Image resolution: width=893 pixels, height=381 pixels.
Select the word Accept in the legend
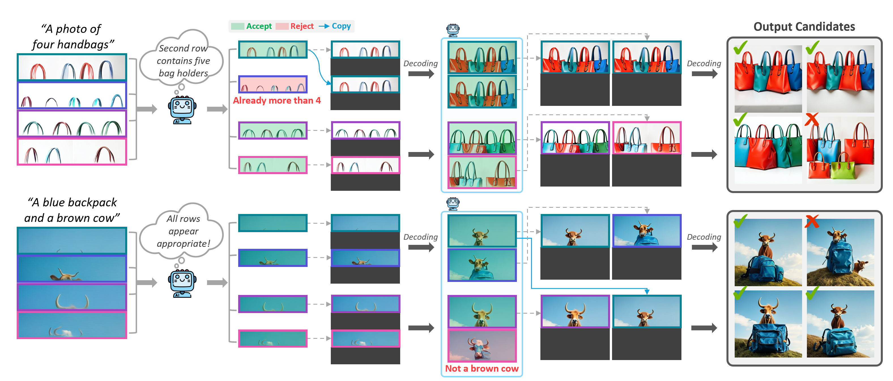coord(259,26)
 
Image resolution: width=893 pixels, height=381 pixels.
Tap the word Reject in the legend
coord(302,26)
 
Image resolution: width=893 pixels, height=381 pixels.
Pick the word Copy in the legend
coord(341,26)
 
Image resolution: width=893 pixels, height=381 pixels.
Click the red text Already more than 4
coord(277,100)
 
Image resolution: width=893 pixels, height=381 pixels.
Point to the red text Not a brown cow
coord(481,369)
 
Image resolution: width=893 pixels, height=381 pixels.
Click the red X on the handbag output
coord(812,119)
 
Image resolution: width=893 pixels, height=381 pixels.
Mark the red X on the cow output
coord(812,221)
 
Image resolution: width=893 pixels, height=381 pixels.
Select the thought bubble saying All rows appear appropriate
coord(183,231)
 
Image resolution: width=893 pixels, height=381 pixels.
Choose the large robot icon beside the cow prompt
coord(182,283)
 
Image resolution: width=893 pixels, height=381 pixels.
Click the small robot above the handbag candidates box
coord(453,30)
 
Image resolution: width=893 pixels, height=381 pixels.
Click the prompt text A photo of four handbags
coord(73,36)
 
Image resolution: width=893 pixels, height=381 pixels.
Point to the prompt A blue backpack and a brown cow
coord(72,210)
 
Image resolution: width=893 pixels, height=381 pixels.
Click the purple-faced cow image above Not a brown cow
coord(482,346)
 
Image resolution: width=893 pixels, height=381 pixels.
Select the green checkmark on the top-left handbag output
coord(740,48)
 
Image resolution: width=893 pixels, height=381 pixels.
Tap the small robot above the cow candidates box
coord(453,203)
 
